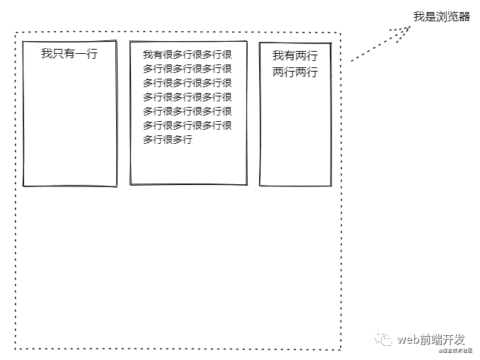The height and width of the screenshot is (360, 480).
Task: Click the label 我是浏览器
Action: pyautogui.click(x=441, y=17)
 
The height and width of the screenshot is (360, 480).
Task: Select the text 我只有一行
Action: pyautogui.click(x=69, y=53)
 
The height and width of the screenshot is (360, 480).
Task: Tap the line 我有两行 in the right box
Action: pyautogui.click(x=295, y=55)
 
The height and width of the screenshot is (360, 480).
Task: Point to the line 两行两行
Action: pyautogui.click(x=295, y=72)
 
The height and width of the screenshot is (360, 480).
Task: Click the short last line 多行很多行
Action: pyautogui.click(x=168, y=140)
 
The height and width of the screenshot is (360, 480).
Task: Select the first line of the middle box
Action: pyautogui.click(x=188, y=55)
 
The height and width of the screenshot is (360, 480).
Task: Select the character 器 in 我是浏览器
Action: pyautogui.click(x=464, y=17)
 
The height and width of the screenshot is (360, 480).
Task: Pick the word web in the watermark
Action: pyautogui.click(x=408, y=339)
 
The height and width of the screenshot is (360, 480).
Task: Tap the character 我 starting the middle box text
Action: pyautogui.click(x=148, y=55)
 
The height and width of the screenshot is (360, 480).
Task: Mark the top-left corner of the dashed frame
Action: pyautogui.click(x=16, y=33)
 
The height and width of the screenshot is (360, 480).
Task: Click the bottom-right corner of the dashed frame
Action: pyautogui.click(x=341, y=349)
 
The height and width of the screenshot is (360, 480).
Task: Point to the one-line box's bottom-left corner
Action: pyautogui.click(x=24, y=186)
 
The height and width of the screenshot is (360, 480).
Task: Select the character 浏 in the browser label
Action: pyautogui.click(x=441, y=17)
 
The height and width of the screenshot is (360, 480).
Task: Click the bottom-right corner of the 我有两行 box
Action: pyautogui.click(x=331, y=186)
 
